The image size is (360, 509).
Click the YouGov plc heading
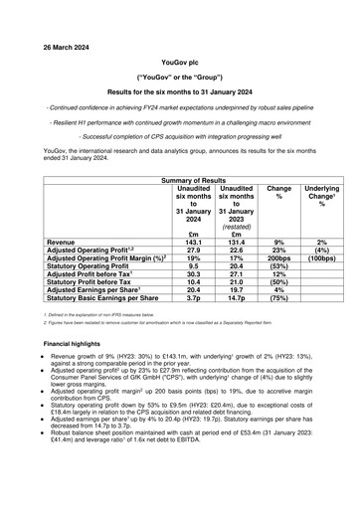(180, 61)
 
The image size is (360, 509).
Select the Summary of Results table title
(180, 177)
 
